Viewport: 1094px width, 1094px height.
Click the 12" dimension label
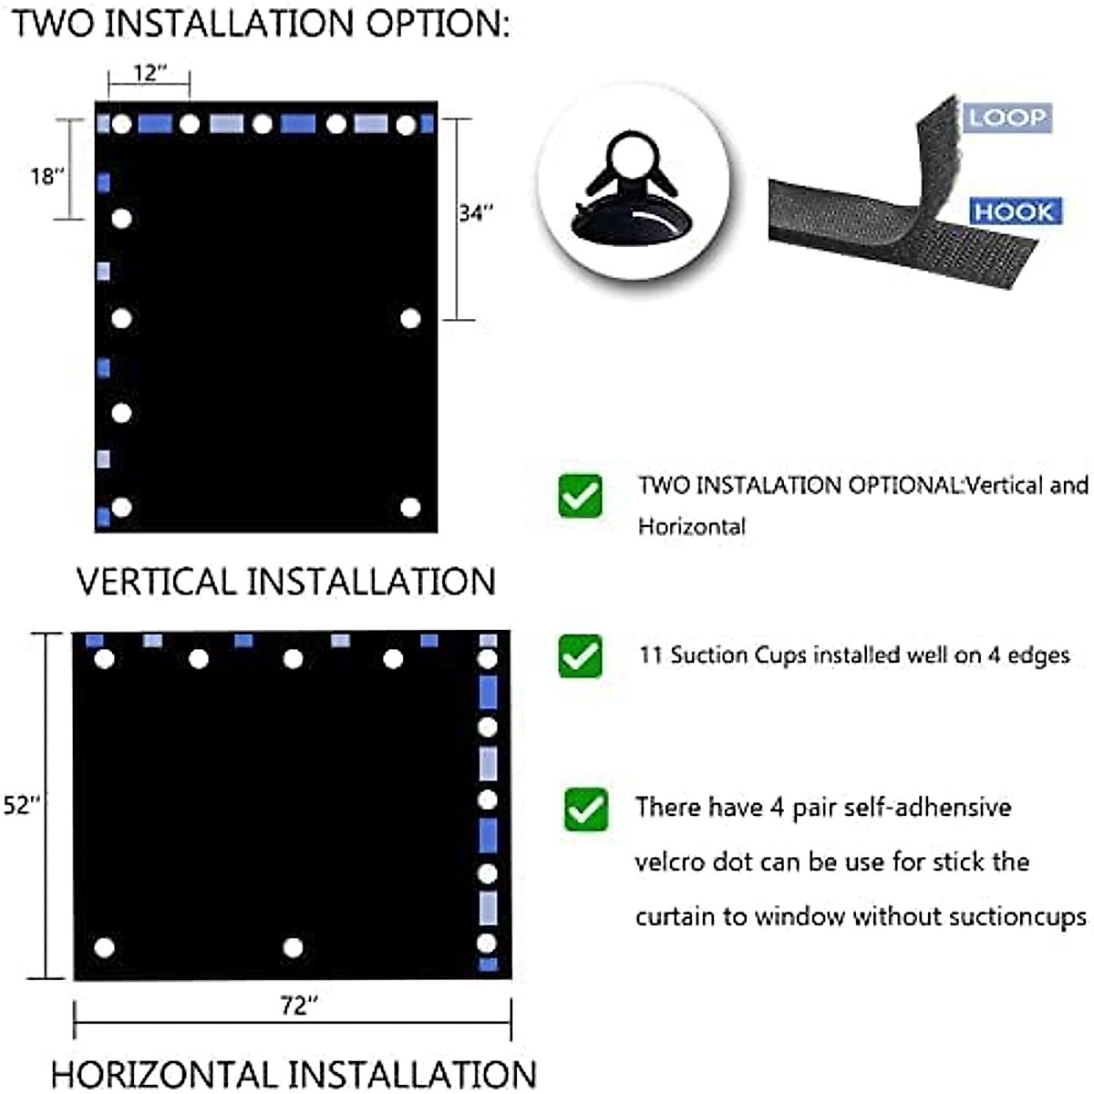[x=149, y=73]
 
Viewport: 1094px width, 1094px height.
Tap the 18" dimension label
[x=46, y=176]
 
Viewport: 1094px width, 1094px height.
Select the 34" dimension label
[x=475, y=213]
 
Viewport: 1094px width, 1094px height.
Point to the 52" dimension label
[x=23, y=805]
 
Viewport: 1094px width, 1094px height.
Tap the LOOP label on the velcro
[x=1007, y=118]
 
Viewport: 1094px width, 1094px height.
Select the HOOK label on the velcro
[x=1013, y=212]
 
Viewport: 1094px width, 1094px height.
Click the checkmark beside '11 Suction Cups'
[x=581, y=656]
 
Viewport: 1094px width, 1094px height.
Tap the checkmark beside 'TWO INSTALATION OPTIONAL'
[x=581, y=496]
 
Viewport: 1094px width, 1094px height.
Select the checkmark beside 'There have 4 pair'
[x=585, y=810]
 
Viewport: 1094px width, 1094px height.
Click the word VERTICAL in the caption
[x=156, y=582]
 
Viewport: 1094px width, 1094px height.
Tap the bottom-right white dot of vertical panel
[x=410, y=507]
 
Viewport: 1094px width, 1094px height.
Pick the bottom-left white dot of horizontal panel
[x=104, y=947]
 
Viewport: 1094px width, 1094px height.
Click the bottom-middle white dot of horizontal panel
[x=293, y=947]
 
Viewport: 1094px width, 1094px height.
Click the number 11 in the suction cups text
[x=650, y=655]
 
